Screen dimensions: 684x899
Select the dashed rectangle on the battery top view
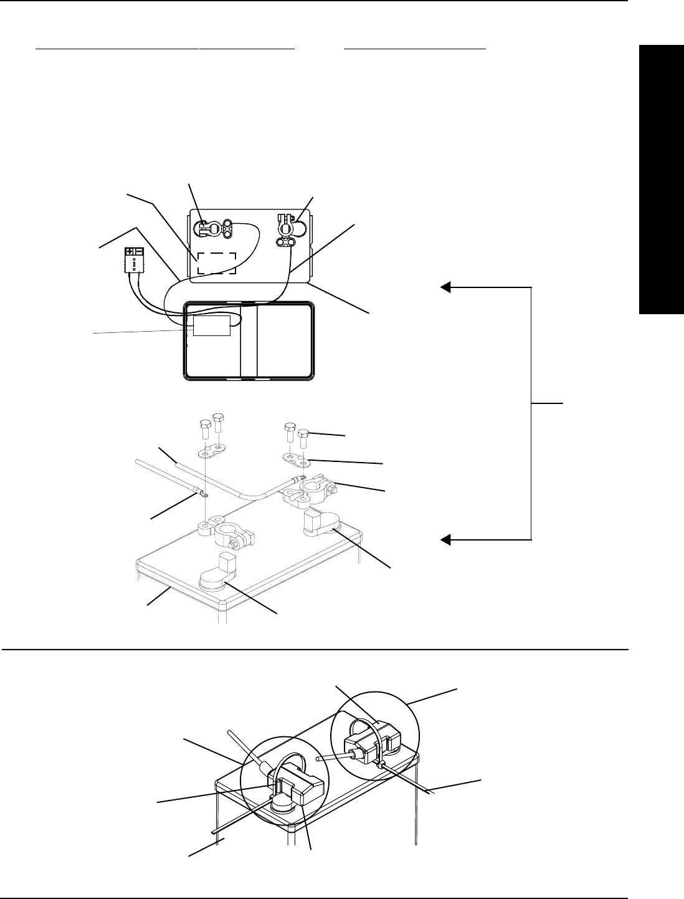[x=216, y=263]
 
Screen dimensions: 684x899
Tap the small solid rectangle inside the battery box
[x=211, y=325]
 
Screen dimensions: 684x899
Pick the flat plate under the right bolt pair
[x=297, y=460]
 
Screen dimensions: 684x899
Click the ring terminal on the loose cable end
[x=203, y=494]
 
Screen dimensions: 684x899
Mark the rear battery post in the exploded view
[x=320, y=521]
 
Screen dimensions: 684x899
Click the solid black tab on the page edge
[x=661, y=180]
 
